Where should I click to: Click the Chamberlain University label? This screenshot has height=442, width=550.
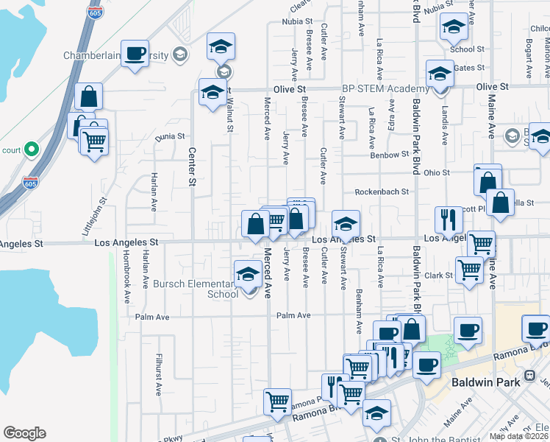[115, 56]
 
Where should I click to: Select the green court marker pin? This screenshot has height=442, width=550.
[31, 150]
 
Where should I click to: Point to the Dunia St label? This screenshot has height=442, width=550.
[169, 136]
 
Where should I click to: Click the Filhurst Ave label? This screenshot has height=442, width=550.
[157, 375]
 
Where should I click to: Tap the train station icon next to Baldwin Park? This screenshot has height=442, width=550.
[529, 382]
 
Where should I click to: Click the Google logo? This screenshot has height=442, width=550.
[24, 433]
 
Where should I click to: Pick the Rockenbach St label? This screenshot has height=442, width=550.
[382, 192]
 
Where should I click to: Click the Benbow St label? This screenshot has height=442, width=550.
[390, 155]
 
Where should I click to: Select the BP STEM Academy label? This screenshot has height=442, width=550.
[385, 88]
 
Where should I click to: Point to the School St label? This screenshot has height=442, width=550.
[467, 49]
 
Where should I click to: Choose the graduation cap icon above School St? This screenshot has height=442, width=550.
[454, 27]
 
